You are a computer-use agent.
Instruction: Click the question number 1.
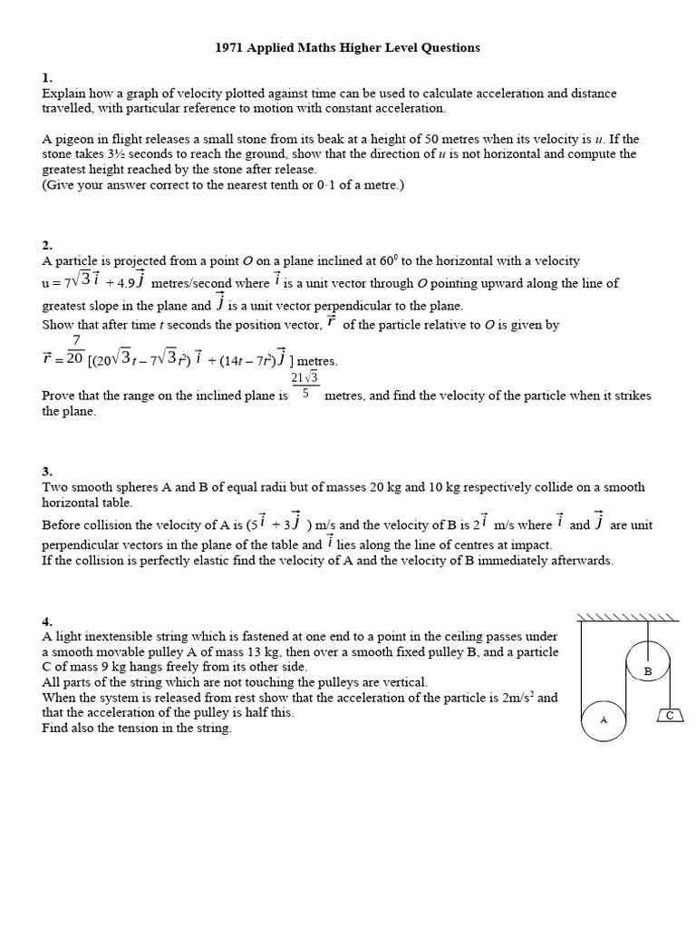click(46, 79)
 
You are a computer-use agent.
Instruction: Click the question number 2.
click(46, 245)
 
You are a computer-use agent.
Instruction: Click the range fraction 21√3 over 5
click(304, 386)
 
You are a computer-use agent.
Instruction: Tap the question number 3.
click(46, 471)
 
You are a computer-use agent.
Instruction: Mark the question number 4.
click(46, 621)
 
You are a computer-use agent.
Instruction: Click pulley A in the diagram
click(604, 720)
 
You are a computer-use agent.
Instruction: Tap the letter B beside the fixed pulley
click(648, 671)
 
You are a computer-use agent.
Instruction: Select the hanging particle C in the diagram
click(670, 716)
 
